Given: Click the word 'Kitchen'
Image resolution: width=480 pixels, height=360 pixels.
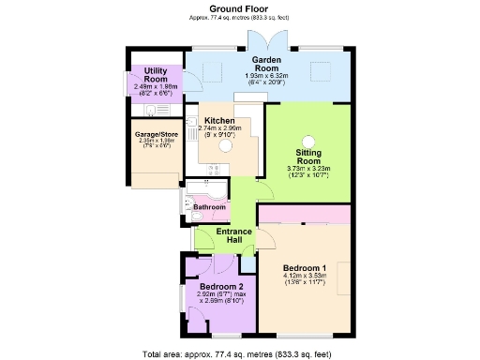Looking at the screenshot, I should pyautogui.click(x=219, y=120).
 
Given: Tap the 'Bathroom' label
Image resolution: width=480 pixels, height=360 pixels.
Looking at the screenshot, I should pyautogui.click(x=209, y=206).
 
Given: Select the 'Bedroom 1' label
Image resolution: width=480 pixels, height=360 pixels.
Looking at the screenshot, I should pyautogui.click(x=305, y=270).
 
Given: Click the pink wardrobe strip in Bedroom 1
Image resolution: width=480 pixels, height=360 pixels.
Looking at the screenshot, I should pyautogui.click(x=304, y=223).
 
